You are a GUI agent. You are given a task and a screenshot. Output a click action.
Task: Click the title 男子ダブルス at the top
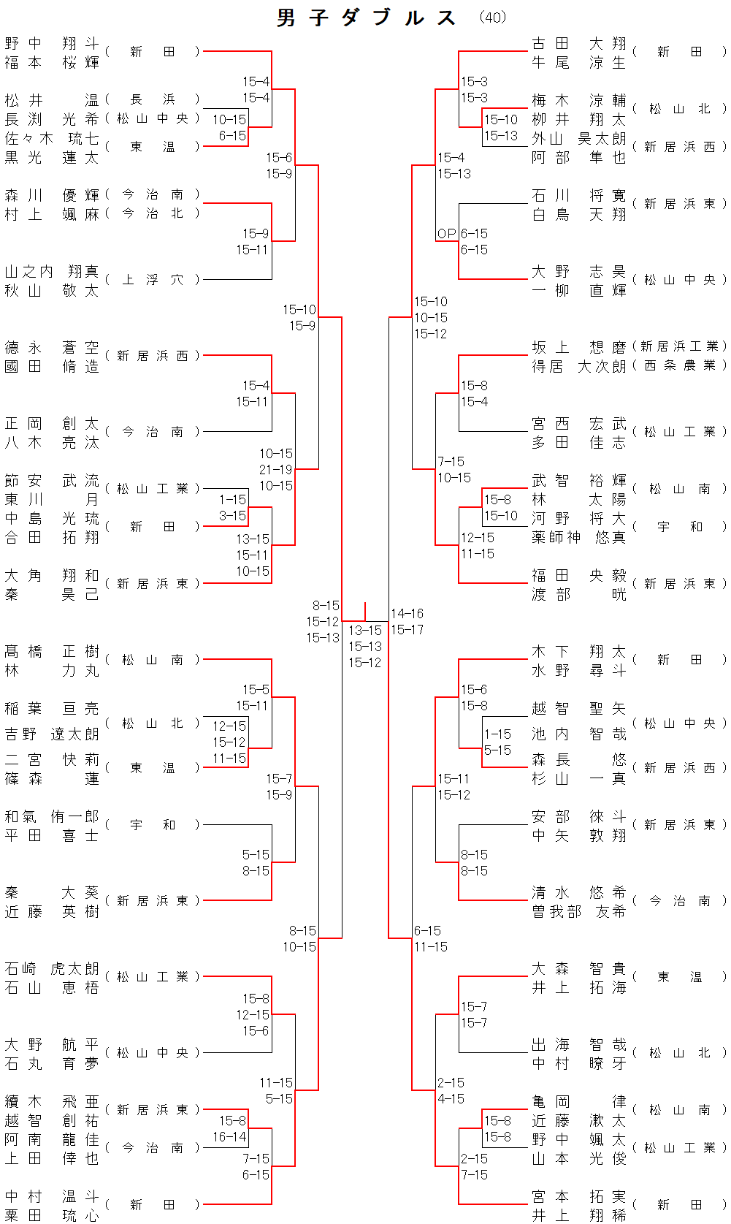tap(367, 18)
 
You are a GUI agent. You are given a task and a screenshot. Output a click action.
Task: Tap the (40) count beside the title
tap(493, 17)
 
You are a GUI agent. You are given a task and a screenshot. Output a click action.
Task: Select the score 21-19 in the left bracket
tap(275, 470)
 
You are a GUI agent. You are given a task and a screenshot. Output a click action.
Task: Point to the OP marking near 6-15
tap(447, 234)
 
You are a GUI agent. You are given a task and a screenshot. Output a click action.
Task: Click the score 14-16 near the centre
tap(407, 614)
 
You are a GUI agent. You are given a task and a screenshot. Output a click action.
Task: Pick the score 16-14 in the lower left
tap(229, 1137)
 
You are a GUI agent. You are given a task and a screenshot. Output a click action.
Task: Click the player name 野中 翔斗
tap(51, 44)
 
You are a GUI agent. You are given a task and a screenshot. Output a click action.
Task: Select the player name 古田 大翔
tap(578, 44)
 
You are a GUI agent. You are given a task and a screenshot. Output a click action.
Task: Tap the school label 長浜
tap(152, 99)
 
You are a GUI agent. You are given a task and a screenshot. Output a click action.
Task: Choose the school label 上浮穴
tap(152, 280)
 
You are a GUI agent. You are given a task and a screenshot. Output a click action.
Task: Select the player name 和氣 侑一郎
tap(51, 817)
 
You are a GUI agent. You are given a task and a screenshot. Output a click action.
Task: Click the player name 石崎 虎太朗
tap(51, 969)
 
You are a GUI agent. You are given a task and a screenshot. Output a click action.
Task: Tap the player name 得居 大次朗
tap(578, 366)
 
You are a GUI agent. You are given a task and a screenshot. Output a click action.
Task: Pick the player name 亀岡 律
tap(578, 1102)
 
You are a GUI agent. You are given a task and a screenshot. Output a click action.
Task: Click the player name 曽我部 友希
tap(578, 912)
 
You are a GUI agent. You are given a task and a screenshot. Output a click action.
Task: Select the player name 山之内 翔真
tap(51, 272)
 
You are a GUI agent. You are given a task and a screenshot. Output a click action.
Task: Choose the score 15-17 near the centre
tap(407, 630)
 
